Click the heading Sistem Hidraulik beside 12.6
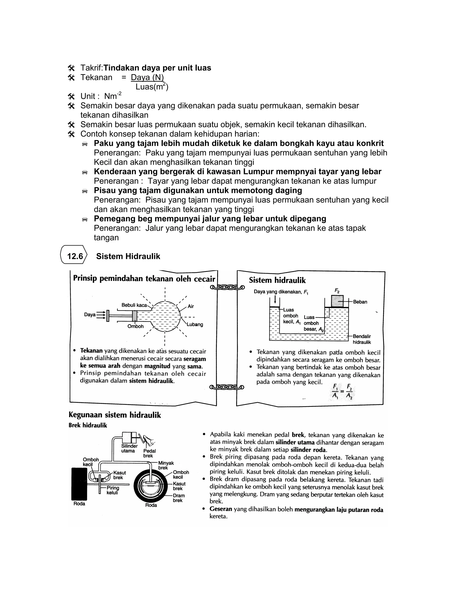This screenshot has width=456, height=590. click(128, 256)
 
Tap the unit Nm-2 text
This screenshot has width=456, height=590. click(113, 96)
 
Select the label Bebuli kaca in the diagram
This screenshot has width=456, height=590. click(134, 305)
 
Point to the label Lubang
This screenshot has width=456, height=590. click(195, 324)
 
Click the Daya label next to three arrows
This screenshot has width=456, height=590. click(90, 315)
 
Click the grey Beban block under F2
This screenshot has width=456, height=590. click(337, 301)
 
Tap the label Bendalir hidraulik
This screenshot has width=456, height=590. click(362, 339)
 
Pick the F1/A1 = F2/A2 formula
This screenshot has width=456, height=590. click(342, 391)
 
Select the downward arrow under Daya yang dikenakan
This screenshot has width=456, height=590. click(275, 299)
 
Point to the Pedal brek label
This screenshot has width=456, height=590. click(149, 453)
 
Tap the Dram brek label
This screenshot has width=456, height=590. click(179, 498)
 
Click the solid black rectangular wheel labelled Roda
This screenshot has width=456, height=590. click(79, 484)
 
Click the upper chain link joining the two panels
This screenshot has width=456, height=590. click(227, 287)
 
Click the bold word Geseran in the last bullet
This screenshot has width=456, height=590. click(221, 509)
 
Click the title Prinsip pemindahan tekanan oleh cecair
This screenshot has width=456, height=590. click(144, 279)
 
